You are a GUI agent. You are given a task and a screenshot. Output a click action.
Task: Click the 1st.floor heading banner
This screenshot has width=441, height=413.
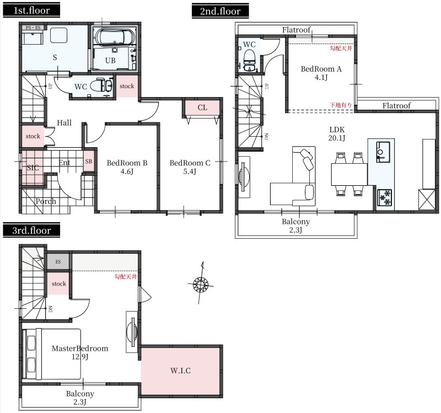[x=31, y=10]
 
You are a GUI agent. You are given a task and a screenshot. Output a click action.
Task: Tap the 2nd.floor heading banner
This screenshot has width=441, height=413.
[x=220, y=11]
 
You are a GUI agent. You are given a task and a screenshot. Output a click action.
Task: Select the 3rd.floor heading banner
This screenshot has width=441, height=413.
[x=31, y=230]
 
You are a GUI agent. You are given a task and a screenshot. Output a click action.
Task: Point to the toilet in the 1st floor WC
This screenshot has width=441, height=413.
[x=101, y=85]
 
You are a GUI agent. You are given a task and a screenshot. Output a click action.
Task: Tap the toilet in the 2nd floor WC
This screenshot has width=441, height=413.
[x=249, y=61]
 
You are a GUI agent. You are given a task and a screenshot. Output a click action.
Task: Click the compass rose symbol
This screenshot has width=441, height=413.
[x=201, y=283]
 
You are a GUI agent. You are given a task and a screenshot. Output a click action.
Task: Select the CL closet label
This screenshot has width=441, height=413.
[x=202, y=108]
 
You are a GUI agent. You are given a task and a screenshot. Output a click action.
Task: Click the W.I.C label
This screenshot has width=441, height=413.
[x=180, y=371]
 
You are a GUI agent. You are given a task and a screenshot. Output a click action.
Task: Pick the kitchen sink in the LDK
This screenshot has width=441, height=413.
[x=383, y=152]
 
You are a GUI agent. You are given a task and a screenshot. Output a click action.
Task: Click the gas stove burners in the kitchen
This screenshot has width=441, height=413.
[x=384, y=197]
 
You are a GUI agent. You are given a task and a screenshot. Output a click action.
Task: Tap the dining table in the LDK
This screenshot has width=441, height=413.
[x=349, y=174]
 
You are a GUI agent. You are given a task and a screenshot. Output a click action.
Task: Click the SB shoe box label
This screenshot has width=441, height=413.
[x=89, y=162]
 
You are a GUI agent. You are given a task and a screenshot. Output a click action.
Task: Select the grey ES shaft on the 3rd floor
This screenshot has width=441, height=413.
[x=58, y=262]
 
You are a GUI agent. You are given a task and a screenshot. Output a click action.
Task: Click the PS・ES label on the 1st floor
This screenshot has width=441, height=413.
[x=33, y=28]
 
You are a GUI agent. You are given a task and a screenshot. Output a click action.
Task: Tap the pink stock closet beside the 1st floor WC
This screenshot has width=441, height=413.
[x=127, y=86]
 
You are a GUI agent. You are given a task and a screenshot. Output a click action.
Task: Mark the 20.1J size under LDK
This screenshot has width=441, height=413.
[x=337, y=138]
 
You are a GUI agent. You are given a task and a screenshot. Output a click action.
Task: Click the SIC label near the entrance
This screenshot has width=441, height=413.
[x=33, y=168]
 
